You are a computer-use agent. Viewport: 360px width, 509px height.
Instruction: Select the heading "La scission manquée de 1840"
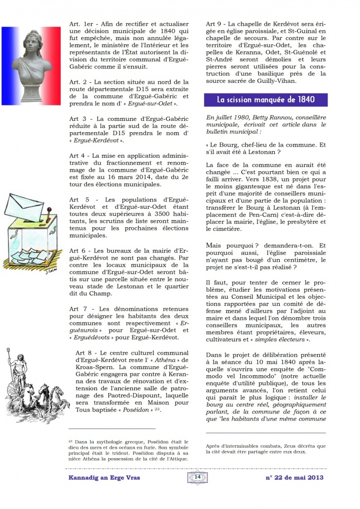(x=265, y=100)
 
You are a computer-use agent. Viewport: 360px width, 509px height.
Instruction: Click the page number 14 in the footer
(x=197, y=477)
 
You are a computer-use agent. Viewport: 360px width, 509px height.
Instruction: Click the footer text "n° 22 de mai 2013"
(x=294, y=478)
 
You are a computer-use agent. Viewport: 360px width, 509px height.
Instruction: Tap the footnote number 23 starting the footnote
(x=71, y=442)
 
